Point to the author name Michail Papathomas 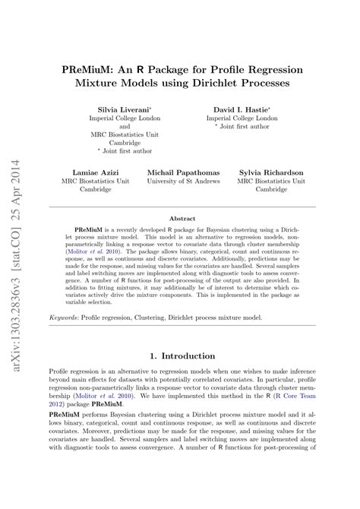coord(182,172)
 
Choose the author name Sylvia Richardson coord(272,172)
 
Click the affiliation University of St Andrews coord(182,182)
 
